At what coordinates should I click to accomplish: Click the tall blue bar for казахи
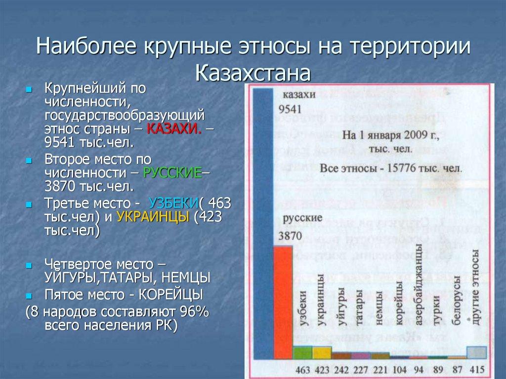(x=262, y=222)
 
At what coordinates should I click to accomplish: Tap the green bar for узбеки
(x=302, y=352)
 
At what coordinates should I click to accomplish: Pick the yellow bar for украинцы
(x=321, y=352)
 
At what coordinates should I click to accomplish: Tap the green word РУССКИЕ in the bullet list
(x=172, y=173)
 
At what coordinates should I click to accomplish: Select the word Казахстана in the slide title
(x=253, y=73)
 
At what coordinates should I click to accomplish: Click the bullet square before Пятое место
(x=29, y=296)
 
